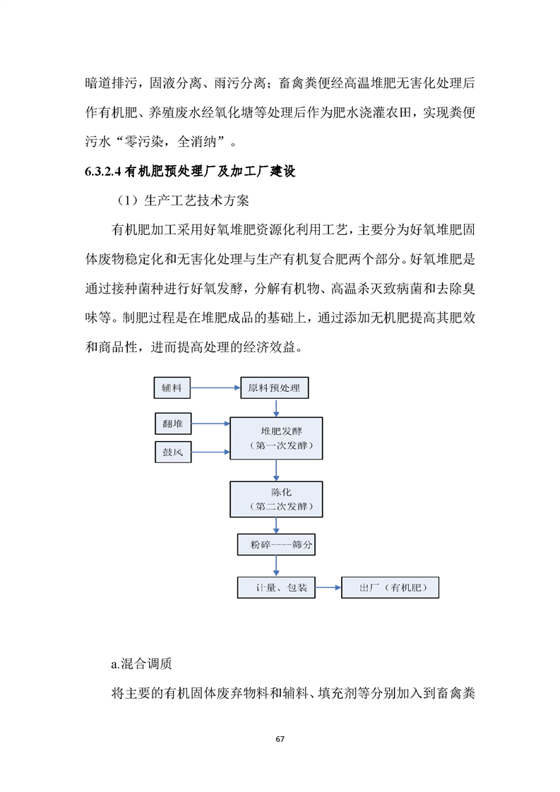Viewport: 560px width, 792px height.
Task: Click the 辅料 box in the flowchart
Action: (x=172, y=388)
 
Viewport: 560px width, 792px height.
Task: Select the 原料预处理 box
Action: (x=275, y=388)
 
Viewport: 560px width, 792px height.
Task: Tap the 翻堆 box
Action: (x=172, y=424)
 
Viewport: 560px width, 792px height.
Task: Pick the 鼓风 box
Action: (x=172, y=452)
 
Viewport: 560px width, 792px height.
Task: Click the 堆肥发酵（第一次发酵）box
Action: (x=277, y=438)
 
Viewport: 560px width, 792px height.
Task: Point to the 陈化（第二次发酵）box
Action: (x=277, y=499)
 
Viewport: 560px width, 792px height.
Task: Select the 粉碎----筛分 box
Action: (x=277, y=545)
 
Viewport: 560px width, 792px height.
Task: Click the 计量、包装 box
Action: (x=276, y=587)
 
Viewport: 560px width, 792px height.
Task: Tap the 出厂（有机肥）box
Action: (x=389, y=587)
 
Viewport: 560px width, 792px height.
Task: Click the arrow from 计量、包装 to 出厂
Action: (x=328, y=587)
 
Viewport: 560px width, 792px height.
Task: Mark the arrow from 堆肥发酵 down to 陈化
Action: (x=277, y=470)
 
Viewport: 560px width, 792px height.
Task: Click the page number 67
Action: (x=280, y=738)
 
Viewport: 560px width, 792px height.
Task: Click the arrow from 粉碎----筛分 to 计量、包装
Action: (x=277, y=566)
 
